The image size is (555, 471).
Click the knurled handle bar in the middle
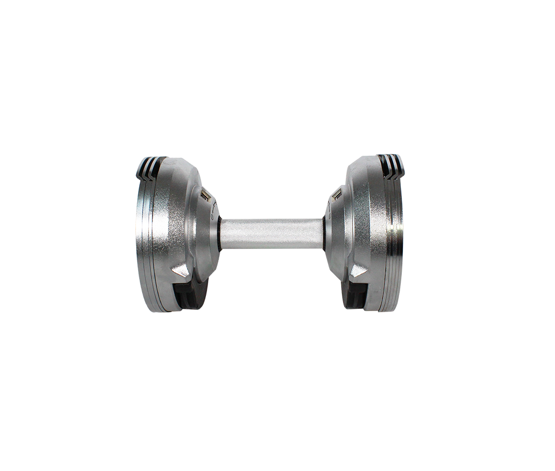pyautogui.click(x=272, y=233)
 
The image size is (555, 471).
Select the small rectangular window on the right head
pyautogui.click(x=337, y=196)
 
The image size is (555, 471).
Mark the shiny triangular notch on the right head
pyautogui.click(x=360, y=270)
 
